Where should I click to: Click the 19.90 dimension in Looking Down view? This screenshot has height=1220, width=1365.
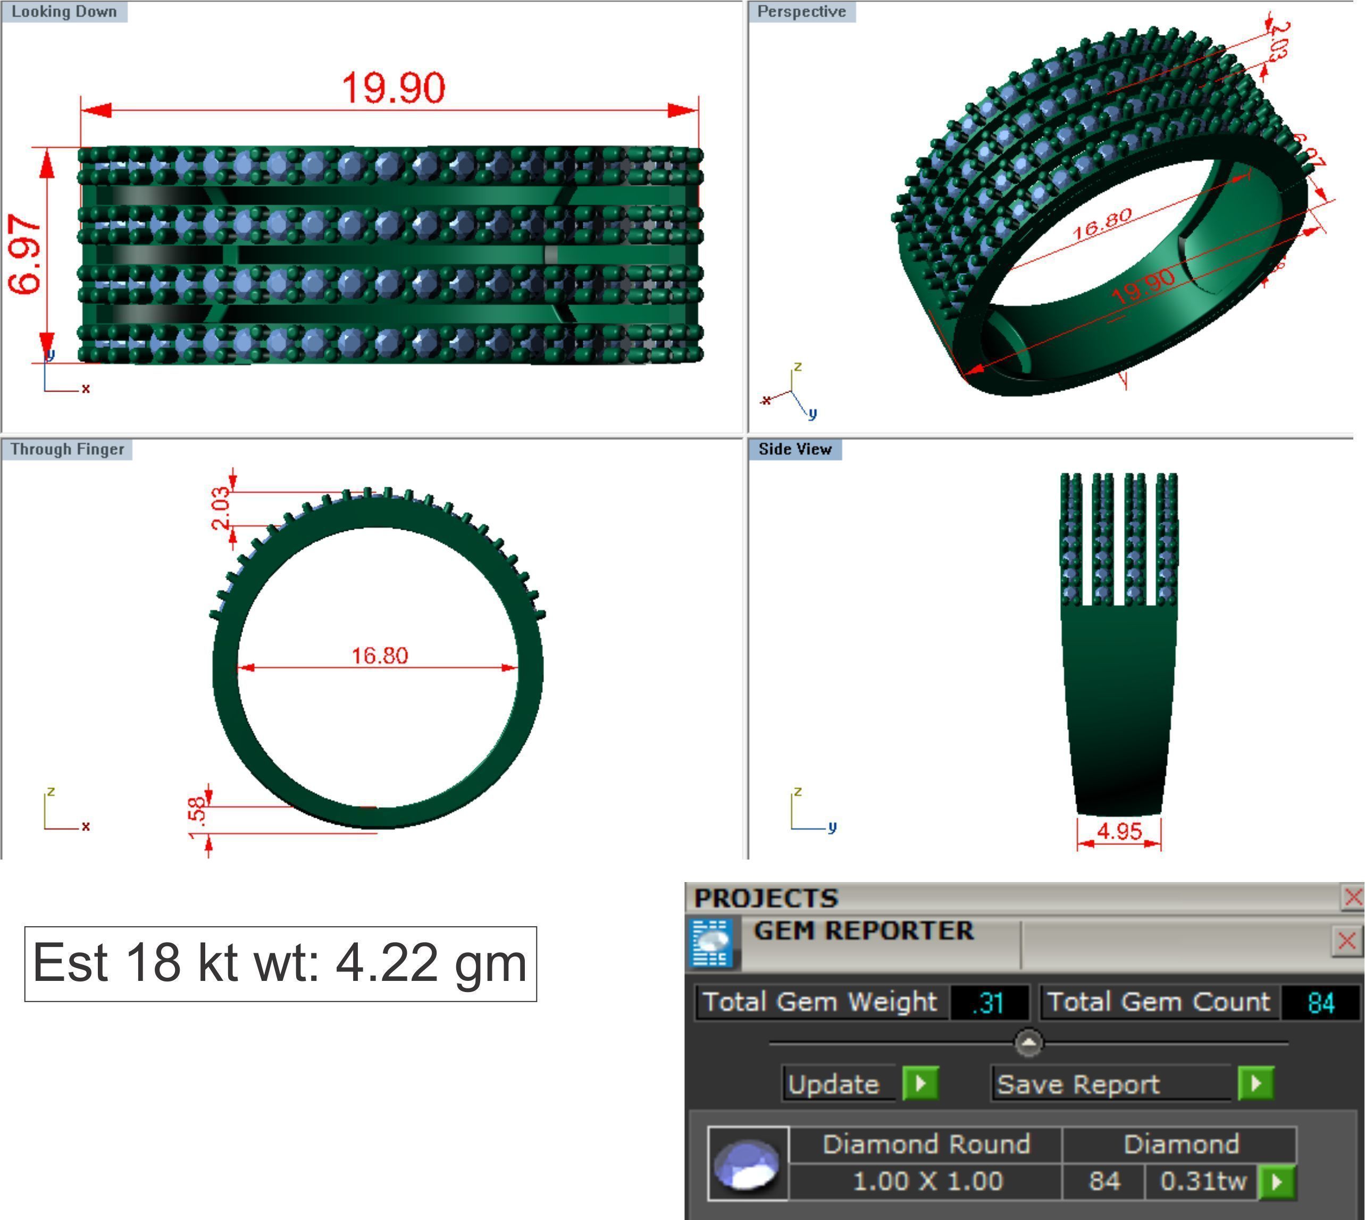coord(393,88)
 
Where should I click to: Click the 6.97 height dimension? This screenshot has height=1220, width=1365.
coord(26,254)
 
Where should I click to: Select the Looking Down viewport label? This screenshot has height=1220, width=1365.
coord(64,11)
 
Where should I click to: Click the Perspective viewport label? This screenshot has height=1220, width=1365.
coord(801,11)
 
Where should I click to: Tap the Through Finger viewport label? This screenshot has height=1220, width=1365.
coord(67,449)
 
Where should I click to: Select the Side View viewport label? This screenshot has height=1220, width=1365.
coord(795,449)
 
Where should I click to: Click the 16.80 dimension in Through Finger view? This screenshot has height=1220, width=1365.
coord(380,655)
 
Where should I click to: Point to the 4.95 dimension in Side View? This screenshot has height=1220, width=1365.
coord(1119,831)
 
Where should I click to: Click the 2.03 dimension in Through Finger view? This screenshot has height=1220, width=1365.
coord(220,507)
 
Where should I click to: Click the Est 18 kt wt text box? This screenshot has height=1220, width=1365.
coord(280,964)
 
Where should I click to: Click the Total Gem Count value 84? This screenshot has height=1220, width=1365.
coord(1320,1003)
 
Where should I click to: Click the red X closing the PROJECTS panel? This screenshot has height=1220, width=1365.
coord(1352,897)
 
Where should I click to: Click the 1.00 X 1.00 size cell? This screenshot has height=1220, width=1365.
coord(927,1181)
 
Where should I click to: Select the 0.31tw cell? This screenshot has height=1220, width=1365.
coord(1203,1181)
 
